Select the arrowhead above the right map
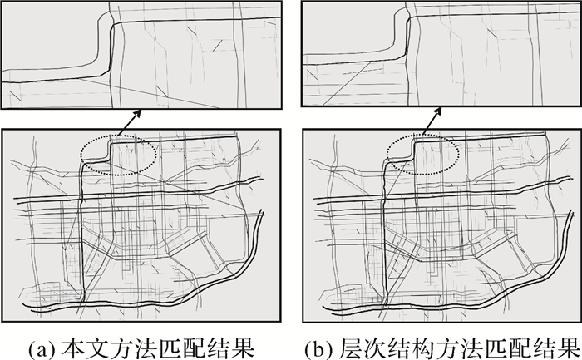pos(438,111)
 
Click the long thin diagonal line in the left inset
pos(149,93)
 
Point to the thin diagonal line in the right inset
pos(347,83)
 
